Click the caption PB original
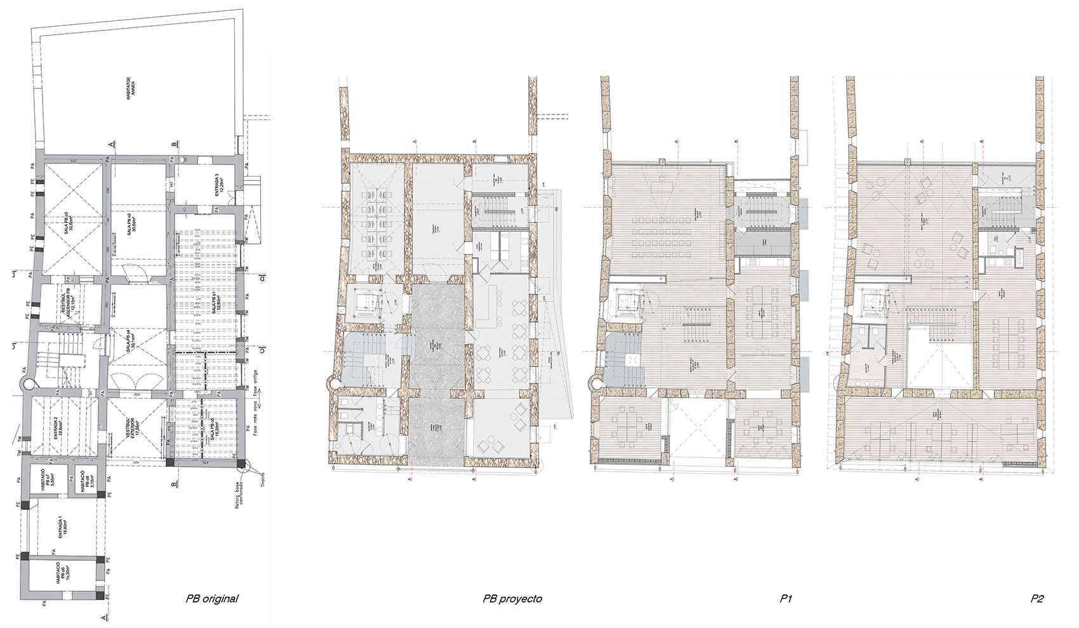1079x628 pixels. [211, 598]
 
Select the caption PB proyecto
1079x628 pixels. [512, 598]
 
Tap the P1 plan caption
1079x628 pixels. [786, 598]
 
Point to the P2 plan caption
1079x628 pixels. [1037, 598]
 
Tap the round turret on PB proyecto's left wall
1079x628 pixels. [333, 384]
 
